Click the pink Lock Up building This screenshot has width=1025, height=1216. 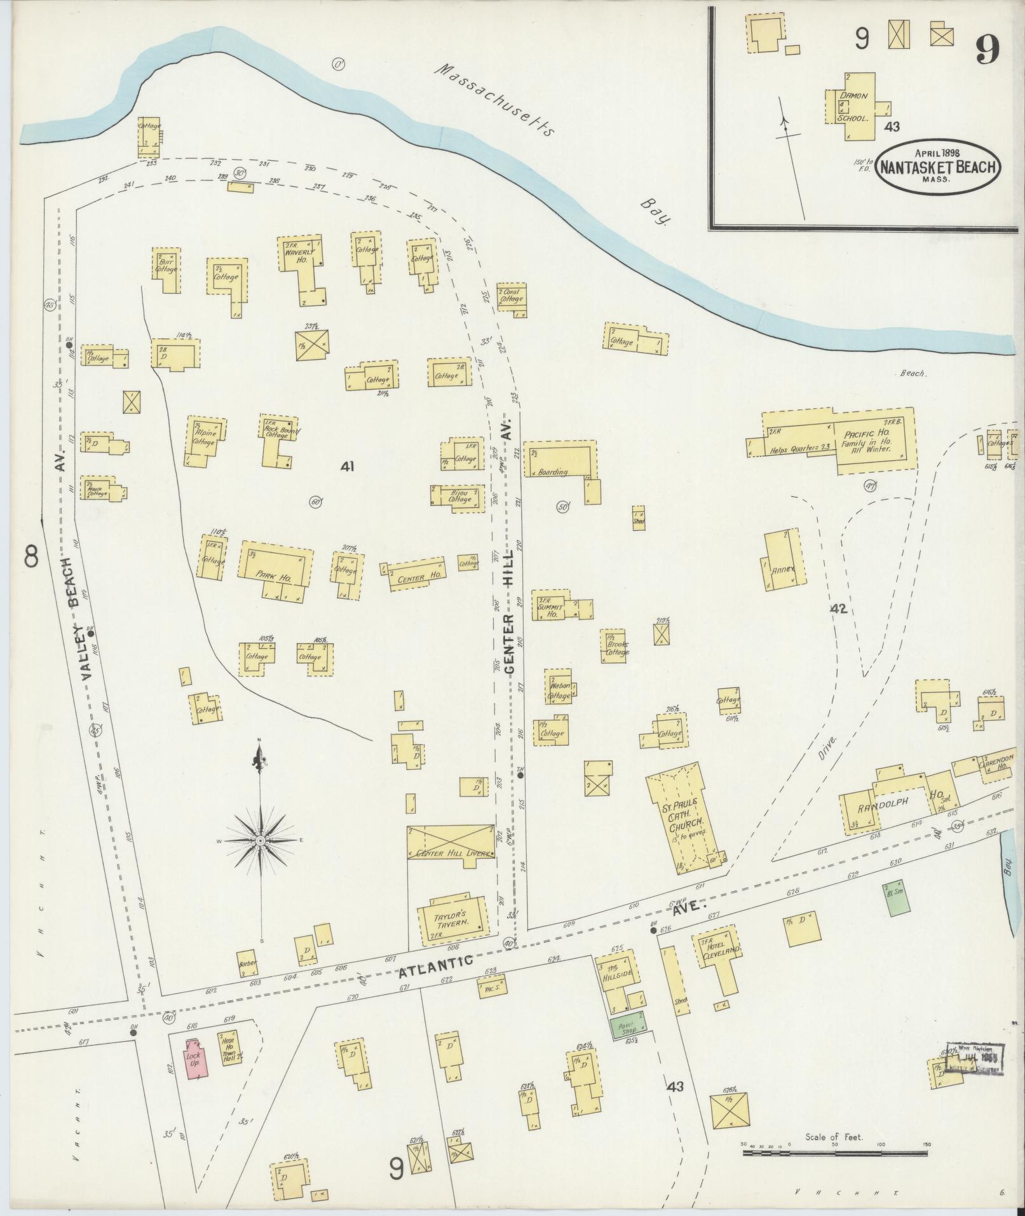pyautogui.click(x=193, y=1058)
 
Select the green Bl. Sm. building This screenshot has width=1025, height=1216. pyautogui.click(x=894, y=898)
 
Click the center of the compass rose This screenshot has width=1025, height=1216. pyautogui.click(x=260, y=840)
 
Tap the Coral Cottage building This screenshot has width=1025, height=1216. pyautogui.click(x=511, y=297)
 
